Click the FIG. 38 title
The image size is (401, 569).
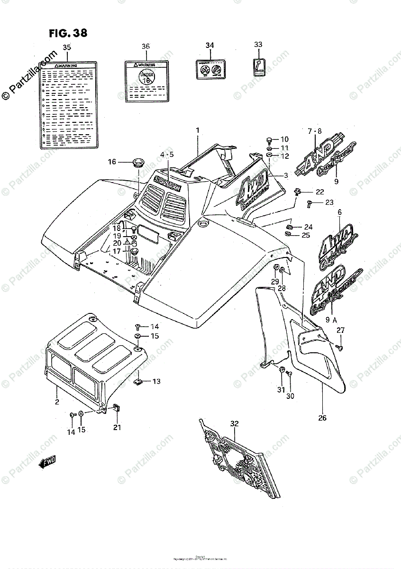pyautogui.click(x=68, y=34)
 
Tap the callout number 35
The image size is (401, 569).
pyautogui.click(x=67, y=47)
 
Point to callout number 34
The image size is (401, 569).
pyautogui.click(x=210, y=46)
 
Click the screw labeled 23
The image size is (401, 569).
pyautogui.click(x=310, y=203)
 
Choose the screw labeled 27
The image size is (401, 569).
pyautogui.click(x=339, y=349)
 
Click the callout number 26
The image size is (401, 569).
pyautogui.click(x=322, y=418)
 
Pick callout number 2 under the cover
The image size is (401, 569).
pyautogui.click(x=56, y=402)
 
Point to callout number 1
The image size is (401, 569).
pyautogui.click(x=197, y=130)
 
